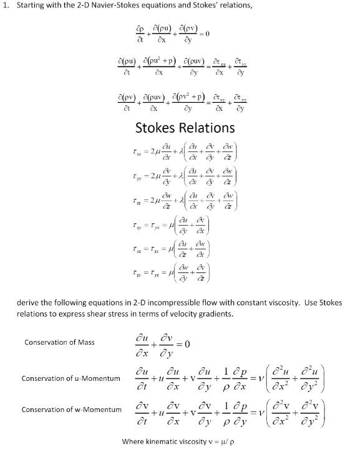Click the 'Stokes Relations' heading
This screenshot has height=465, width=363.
tap(185, 128)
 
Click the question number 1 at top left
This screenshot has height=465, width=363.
tap(6, 7)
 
